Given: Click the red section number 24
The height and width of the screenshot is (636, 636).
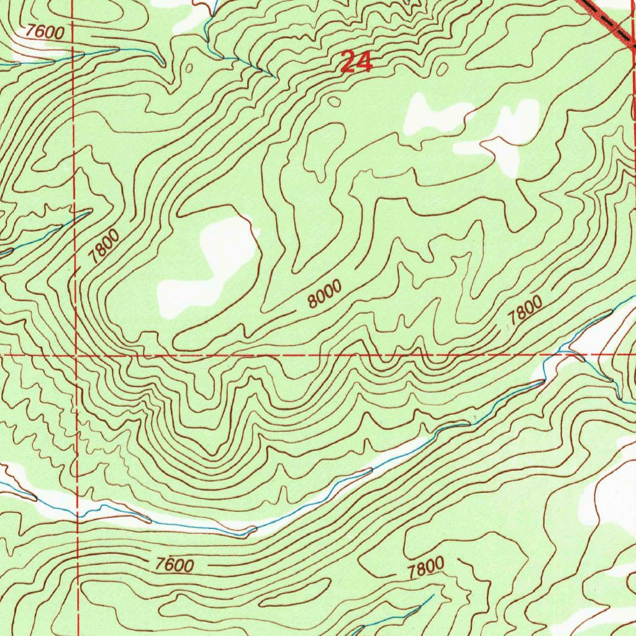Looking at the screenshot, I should [356, 63].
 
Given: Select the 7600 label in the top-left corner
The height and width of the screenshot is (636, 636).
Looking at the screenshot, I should [45, 32].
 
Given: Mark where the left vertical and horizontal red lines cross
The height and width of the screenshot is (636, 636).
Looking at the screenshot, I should [75, 356].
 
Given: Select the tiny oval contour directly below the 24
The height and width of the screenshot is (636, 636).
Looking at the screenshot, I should [334, 101].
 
